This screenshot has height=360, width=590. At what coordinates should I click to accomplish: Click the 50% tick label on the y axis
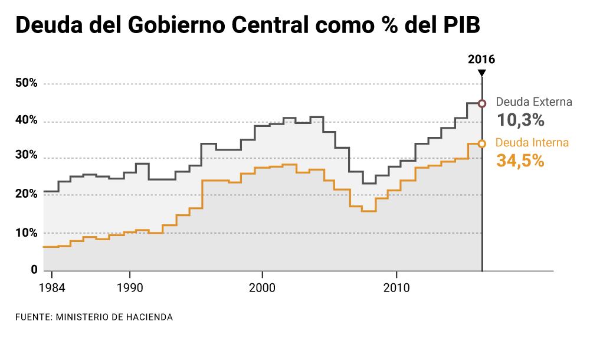(x=27, y=84)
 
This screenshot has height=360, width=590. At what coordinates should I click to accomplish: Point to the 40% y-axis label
(x=27, y=121)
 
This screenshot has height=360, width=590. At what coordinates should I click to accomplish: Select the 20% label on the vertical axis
(x=27, y=194)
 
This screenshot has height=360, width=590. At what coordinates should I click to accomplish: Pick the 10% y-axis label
(x=27, y=233)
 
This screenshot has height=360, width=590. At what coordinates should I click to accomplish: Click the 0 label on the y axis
(x=34, y=270)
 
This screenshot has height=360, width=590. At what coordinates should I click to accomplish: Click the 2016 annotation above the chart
(x=481, y=59)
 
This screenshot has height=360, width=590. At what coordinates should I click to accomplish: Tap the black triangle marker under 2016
(x=482, y=73)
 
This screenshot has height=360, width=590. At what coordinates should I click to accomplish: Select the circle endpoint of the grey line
(x=482, y=103)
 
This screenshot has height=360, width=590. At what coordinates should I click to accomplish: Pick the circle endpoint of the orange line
(x=482, y=143)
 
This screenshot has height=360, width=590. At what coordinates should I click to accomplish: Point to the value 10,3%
(x=520, y=120)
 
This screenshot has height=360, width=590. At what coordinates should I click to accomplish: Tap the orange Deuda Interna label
(x=532, y=142)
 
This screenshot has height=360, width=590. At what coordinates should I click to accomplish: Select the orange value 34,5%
(x=520, y=161)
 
